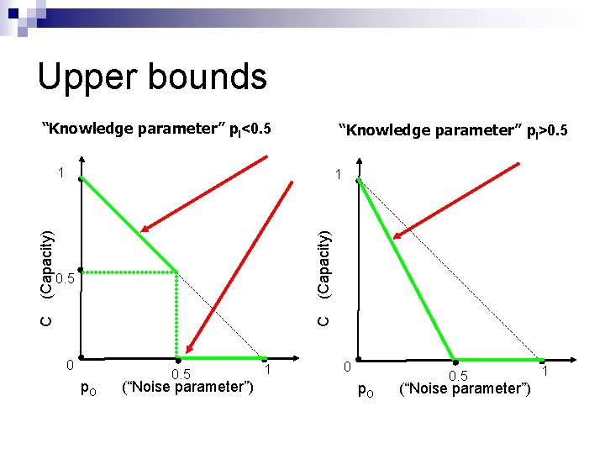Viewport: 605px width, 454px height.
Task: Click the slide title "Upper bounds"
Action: point(152,77)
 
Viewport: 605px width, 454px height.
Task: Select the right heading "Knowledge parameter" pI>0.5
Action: point(453,130)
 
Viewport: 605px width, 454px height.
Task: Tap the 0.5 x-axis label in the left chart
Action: point(181,374)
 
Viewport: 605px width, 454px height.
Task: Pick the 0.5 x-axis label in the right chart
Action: point(458,375)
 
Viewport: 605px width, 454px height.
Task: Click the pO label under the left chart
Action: point(87,388)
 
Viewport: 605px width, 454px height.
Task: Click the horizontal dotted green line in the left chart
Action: point(130,272)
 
